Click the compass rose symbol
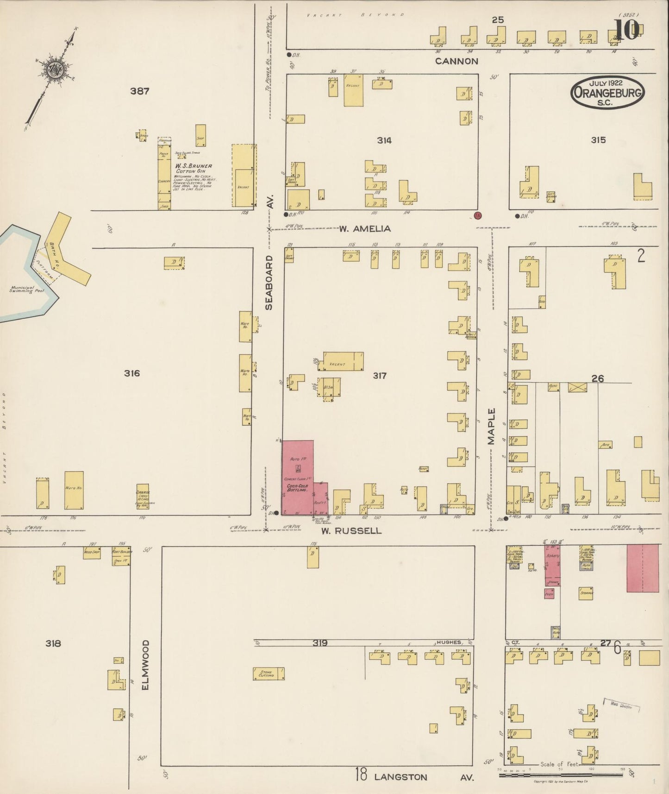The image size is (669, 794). pyautogui.click(x=54, y=69)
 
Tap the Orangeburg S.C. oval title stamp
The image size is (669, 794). pyautogui.click(x=608, y=93)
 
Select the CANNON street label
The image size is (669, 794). pyautogui.click(x=456, y=61)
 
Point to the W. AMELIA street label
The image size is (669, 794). pyautogui.click(x=365, y=228)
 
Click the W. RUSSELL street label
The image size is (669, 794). pyautogui.click(x=352, y=531)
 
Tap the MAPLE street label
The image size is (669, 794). pyautogui.click(x=491, y=426)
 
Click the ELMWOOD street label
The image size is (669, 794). pyautogui.click(x=146, y=665)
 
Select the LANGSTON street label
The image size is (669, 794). pyautogui.click(x=401, y=777)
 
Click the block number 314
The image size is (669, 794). pyautogui.click(x=384, y=140)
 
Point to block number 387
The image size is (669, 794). pyautogui.click(x=139, y=91)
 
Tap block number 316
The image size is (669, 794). pyautogui.click(x=131, y=373)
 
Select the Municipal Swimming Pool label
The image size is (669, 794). pyautogui.click(x=27, y=290)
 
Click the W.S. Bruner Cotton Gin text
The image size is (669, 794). pyautogui.click(x=193, y=168)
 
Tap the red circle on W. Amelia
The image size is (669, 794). pyautogui.click(x=478, y=215)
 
